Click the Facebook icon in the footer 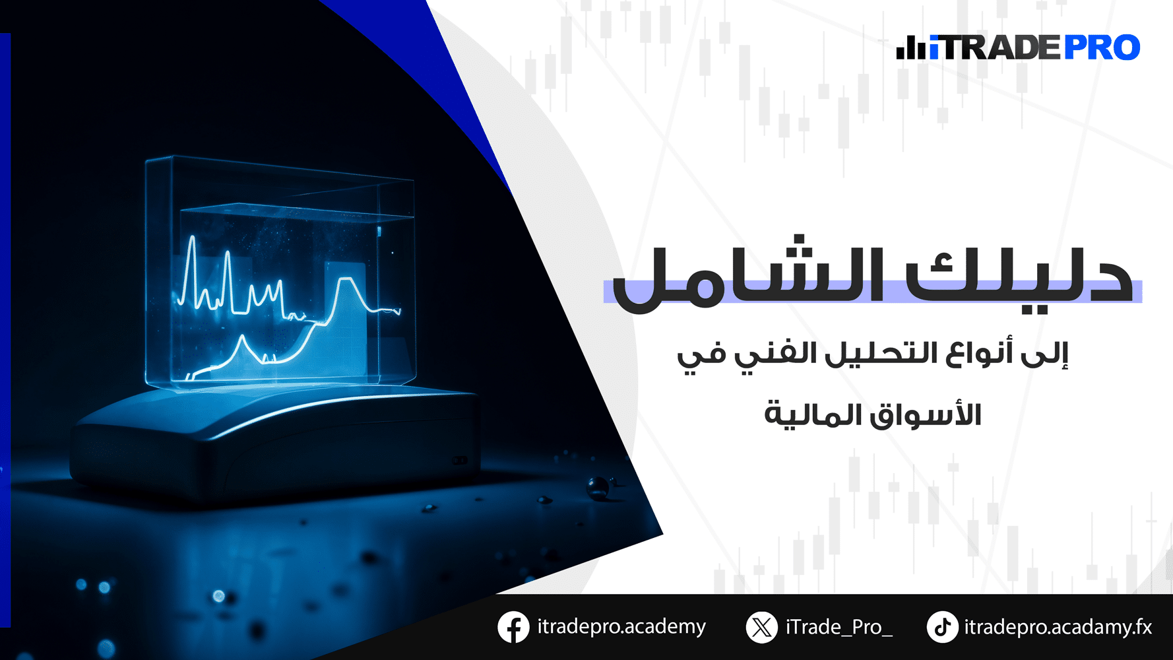(513, 627)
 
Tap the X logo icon (762, 627)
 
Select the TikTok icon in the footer (943, 627)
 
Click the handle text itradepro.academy (621, 627)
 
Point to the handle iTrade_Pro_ (839, 627)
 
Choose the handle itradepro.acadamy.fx (1058, 627)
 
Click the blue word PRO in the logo (1102, 48)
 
